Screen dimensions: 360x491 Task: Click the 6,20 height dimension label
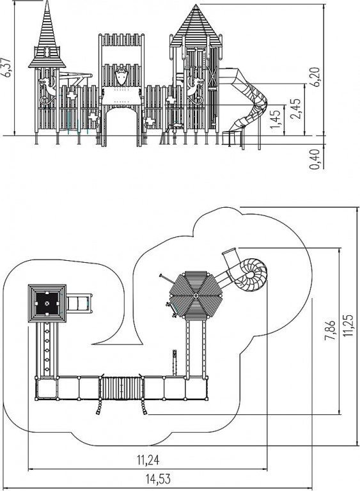pyautogui.click(x=315, y=77)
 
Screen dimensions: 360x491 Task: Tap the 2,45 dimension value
pyautogui.click(x=296, y=108)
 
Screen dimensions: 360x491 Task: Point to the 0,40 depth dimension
pyautogui.click(x=315, y=159)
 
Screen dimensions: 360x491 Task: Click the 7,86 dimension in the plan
pyautogui.click(x=330, y=330)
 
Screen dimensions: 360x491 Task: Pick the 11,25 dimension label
pyautogui.click(x=348, y=325)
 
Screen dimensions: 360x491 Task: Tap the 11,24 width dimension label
pyautogui.click(x=148, y=460)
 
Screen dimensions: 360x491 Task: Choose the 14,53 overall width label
pyautogui.click(x=158, y=479)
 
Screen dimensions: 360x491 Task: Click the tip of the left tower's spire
pyautogui.click(x=47, y=1)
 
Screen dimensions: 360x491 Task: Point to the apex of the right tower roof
pyautogui.click(x=196, y=4)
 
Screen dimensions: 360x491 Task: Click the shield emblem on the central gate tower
pyautogui.click(x=121, y=76)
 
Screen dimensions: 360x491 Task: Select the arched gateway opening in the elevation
pyautogui.click(x=121, y=125)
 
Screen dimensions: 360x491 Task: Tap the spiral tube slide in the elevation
pyautogui.click(x=248, y=100)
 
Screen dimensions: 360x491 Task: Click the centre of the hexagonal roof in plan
pyautogui.click(x=196, y=295)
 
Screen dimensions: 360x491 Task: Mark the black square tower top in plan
pyautogui.click(x=47, y=303)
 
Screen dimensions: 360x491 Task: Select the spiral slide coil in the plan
pyautogui.click(x=251, y=274)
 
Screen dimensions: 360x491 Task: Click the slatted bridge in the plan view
pyautogui.click(x=121, y=389)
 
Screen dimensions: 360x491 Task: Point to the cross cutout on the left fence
pyautogui.click(x=72, y=96)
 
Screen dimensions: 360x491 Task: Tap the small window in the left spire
pyautogui.click(x=47, y=52)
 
